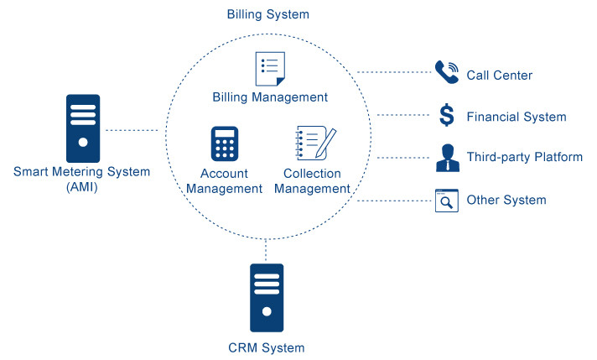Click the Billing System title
click(268, 14)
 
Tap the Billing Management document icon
click(269, 68)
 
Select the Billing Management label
click(268, 97)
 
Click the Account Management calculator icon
click(224, 143)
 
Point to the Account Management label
click(224, 181)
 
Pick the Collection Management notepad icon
click(316, 144)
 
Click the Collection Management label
click(312, 181)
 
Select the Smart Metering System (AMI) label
click(82, 180)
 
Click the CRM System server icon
click(267, 298)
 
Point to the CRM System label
click(267, 347)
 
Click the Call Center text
click(499, 76)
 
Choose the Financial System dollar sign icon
click(447, 116)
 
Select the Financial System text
click(517, 117)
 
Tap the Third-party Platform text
click(524, 157)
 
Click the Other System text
click(506, 200)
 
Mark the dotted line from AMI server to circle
click(132, 130)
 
